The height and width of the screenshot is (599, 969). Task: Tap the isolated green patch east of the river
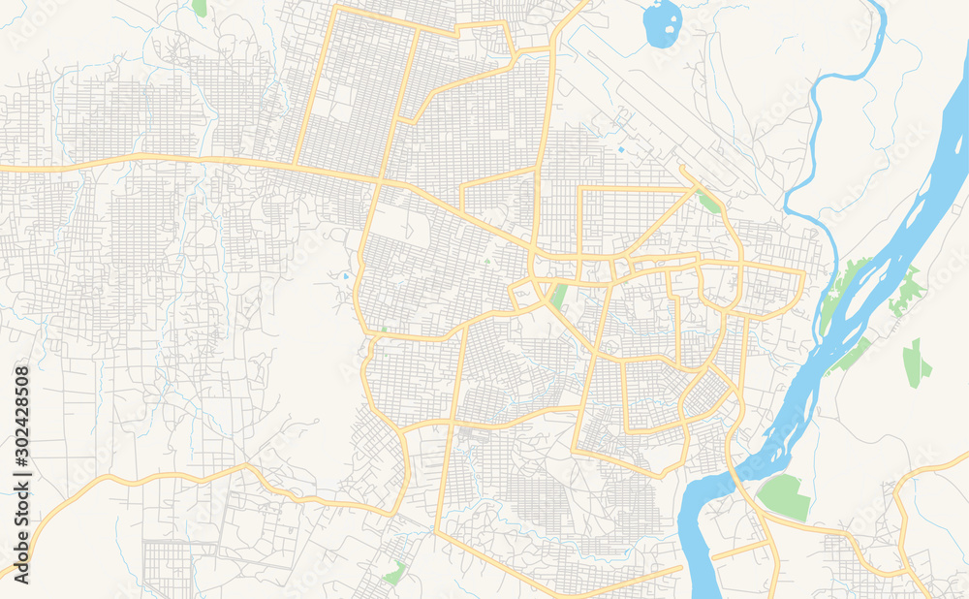(x=914, y=363)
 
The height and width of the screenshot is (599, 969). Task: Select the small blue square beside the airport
(x=620, y=150)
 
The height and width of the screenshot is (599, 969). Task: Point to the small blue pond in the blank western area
(x=344, y=276)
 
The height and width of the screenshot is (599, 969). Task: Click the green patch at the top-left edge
(x=200, y=8)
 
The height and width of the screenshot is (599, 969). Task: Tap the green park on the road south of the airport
(x=709, y=203)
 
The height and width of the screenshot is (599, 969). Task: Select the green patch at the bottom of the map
(x=394, y=573)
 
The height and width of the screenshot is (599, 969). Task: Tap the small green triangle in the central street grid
(x=487, y=260)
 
